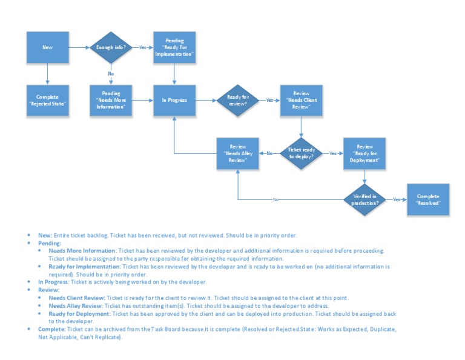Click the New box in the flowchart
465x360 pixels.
click(47, 47)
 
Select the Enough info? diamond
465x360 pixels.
click(110, 47)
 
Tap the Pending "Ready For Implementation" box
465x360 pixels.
click(174, 47)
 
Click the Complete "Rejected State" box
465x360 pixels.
click(47, 100)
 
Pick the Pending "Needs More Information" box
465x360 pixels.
click(110, 100)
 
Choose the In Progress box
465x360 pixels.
click(174, 100)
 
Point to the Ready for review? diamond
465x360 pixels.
click(238, 100)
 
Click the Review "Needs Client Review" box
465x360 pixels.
click(301, 100)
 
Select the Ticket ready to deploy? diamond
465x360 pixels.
click(301, 153)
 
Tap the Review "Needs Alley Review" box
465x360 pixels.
click(238, 153)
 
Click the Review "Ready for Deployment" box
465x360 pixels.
click(364, 153)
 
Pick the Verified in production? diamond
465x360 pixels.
click(364, 199)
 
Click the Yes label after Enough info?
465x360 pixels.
click(142, 47)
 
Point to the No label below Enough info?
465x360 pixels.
click(111, 73)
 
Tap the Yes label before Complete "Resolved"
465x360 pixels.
click(397, 199)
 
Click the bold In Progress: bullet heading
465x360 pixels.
click(53, 282)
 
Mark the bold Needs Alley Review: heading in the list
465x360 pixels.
click(76, 306)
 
